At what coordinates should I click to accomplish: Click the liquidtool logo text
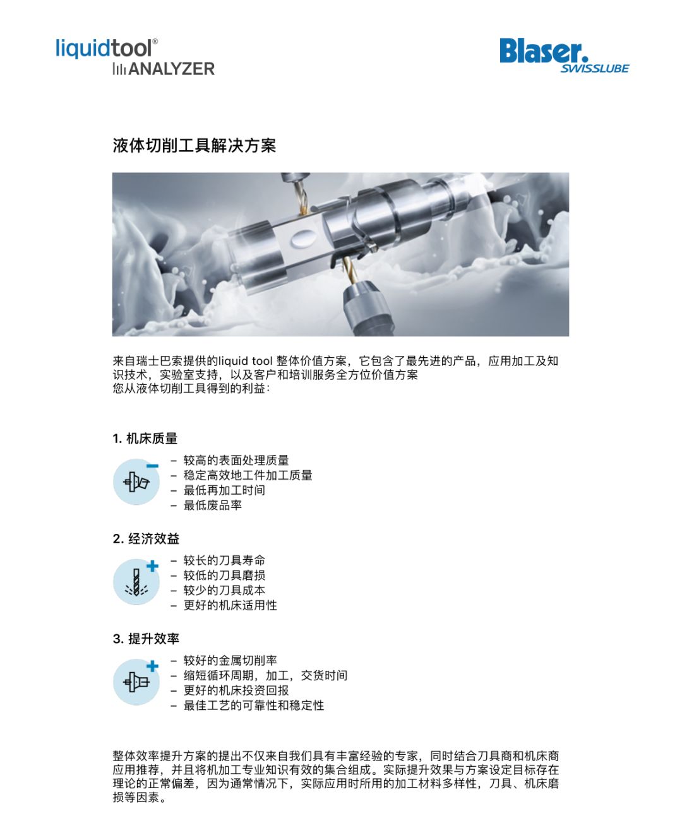pos(106,49)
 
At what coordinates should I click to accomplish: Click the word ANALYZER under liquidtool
pos(171,69)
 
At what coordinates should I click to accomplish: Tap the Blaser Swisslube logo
pos(564,56)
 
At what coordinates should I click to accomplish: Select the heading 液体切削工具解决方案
pos(194,145)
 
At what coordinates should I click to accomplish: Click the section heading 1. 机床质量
pos(145,439)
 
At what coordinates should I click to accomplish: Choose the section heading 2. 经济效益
pos(146,538)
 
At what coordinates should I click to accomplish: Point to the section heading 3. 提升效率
pos(146,639)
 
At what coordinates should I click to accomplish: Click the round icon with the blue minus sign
pos(136,481)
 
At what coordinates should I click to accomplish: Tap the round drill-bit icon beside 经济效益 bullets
pos(136,582)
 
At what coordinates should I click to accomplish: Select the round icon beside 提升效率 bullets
pos(136,682)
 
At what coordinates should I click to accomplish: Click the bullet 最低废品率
pos(212,505)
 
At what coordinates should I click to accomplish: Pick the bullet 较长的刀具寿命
pos(224,560)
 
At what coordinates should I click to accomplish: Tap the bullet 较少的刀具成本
pos(224,590)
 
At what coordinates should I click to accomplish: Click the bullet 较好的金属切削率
pos(230,660)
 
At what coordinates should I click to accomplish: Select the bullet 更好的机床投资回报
pos(236,690)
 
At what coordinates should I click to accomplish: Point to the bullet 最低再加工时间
pos(224,490)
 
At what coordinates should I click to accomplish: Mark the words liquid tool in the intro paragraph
pos(246,361)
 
